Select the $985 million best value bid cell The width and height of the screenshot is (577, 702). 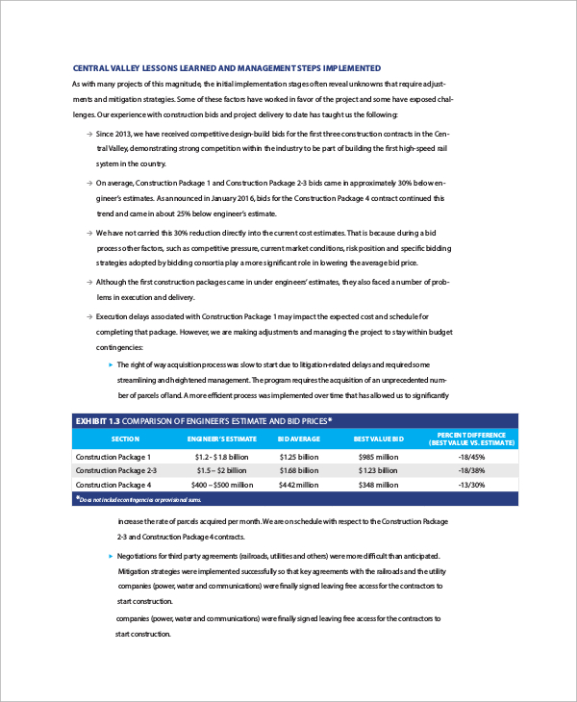pos(378,456)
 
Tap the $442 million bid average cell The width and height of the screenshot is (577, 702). pos(298,485)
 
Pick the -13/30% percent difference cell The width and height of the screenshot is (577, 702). pos(472,485)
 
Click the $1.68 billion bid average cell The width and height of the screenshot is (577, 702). pos(298,470)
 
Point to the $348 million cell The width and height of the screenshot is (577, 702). pos(378,485)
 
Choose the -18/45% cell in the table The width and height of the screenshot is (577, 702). pos(472,456)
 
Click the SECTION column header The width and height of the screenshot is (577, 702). pos(125,439)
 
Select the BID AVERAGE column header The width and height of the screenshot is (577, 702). pos(298,439)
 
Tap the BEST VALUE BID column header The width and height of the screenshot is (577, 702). pos(378,439)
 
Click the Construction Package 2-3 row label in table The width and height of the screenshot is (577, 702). pos(115,470)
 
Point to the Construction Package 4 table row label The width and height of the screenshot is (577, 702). pos(113,485)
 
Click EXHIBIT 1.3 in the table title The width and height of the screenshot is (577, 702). pos(100,420)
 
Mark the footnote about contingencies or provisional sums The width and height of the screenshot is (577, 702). pos(139,500)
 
